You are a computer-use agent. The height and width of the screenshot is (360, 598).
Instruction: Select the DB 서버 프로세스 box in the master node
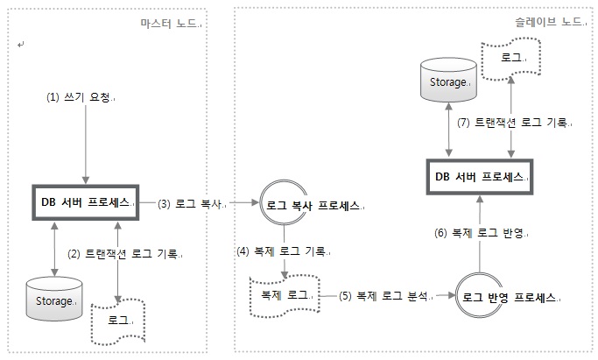coord(85,202)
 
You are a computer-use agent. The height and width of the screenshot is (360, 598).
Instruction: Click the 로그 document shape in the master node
coord(117,321)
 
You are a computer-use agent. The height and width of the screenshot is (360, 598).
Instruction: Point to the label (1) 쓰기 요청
coord(81,98)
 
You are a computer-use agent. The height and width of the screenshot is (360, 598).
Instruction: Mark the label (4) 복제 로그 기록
coord(281,251)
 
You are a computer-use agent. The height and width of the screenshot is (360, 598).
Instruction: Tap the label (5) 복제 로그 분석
coord(387,295)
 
